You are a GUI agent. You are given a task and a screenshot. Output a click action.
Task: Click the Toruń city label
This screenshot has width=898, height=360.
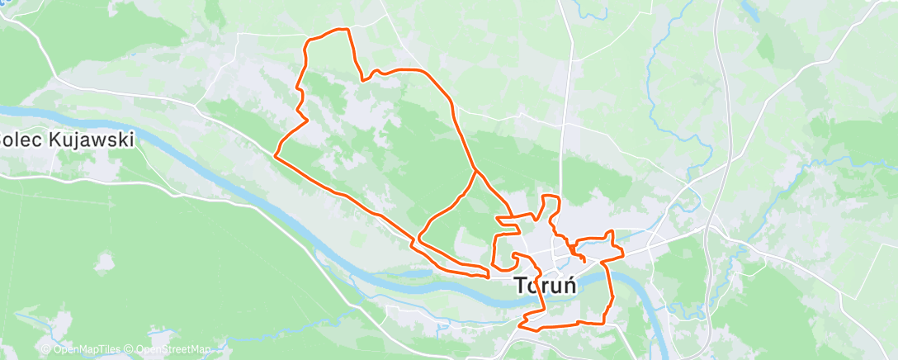click(545, 286)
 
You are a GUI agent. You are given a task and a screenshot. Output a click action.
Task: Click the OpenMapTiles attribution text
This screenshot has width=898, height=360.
click(86, 350)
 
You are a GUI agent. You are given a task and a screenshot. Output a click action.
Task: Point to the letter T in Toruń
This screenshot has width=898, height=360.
click(522, 286)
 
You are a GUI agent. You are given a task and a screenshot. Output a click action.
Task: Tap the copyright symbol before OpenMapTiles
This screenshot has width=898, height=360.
click(47, 350)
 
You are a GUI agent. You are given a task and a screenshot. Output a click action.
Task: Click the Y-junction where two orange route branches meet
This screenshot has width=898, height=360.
click(475, 171)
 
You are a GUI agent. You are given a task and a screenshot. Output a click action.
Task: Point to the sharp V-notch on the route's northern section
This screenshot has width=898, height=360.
click(362, 79)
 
